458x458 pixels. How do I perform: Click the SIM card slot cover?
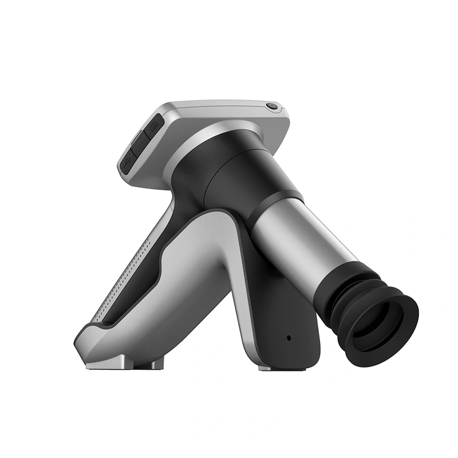pyautogui.click(x=153, y=126)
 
